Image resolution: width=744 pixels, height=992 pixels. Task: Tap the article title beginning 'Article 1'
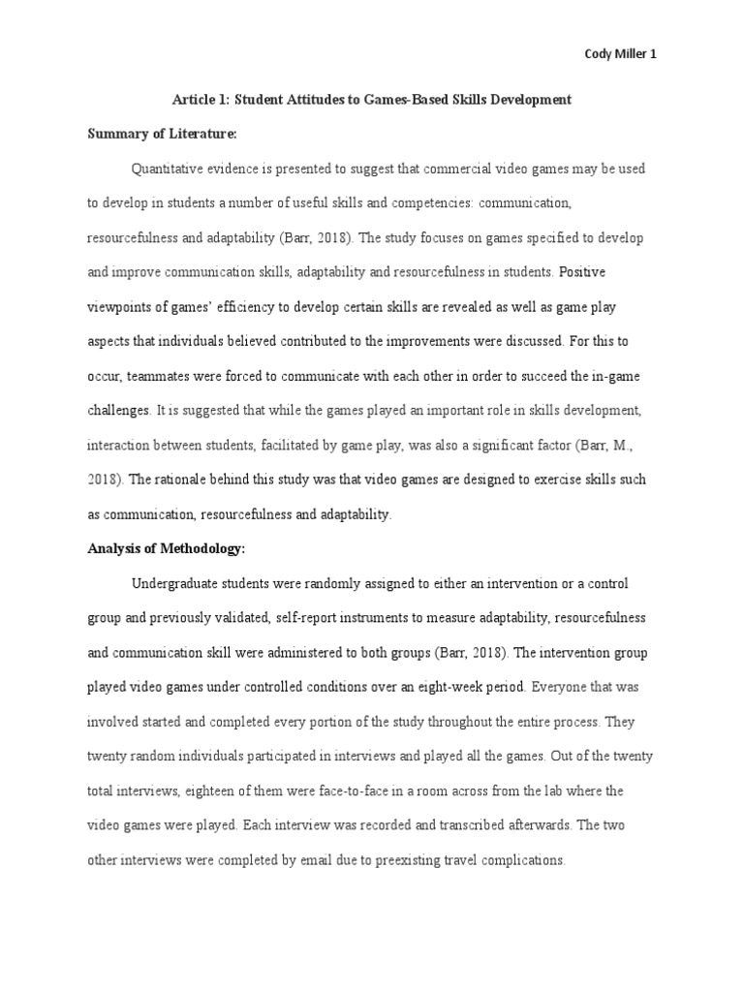(x=372, y=100)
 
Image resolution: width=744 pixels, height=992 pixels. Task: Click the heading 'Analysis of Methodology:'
(x=167, y=548)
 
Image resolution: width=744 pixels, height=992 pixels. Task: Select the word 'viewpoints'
(x=120, y=307)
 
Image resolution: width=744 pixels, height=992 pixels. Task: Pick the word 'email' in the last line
(x=309, y=859)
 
